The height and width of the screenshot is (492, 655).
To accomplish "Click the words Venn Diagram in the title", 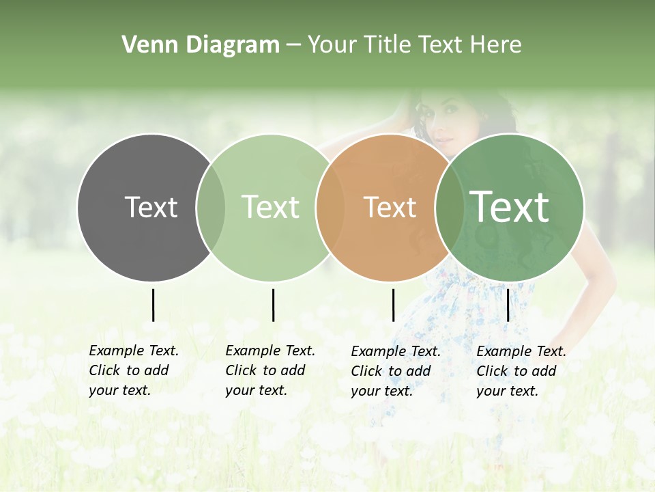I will coord(201,45).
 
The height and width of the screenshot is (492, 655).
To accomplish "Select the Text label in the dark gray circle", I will coord(151,207).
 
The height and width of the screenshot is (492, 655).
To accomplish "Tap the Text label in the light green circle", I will coord(271,207).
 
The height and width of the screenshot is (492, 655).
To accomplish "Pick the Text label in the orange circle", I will coord(390,207).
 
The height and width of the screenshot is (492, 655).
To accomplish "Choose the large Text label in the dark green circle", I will coord(510,206).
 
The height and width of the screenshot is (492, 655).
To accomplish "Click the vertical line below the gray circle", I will coord(153,305).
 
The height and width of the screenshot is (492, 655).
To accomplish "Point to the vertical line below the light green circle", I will coord(273,305).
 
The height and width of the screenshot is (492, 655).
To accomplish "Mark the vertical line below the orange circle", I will coord(393,305).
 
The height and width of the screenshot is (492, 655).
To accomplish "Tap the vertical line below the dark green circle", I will coord(508,305).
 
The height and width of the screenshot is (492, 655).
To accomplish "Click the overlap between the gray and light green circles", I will coord(211,207).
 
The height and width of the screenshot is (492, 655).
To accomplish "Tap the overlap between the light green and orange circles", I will coord(330,207).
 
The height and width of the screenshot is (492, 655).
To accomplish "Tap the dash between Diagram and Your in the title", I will coord(293,46).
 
